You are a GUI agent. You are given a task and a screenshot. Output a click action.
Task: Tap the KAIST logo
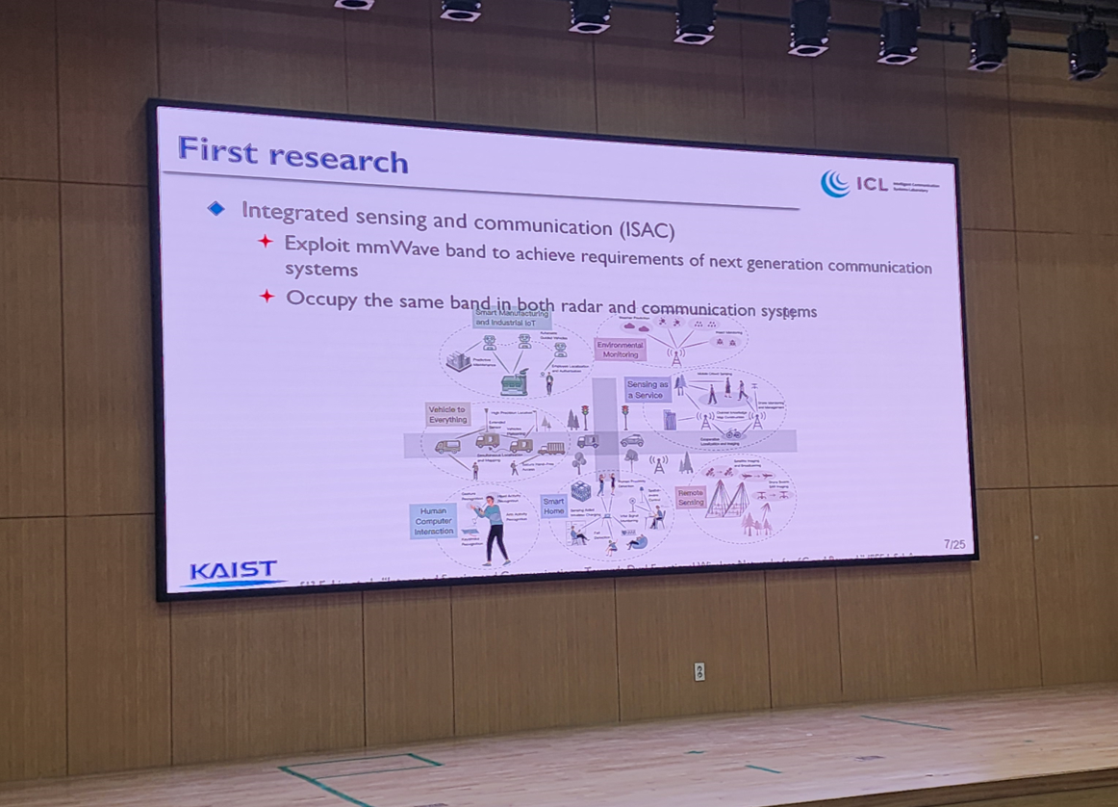(233, 571)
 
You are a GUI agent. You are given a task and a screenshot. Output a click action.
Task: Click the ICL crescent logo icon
(834, 183)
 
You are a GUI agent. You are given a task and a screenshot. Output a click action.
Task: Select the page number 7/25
(953, 545)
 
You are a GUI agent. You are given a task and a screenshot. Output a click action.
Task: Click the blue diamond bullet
(216, 208)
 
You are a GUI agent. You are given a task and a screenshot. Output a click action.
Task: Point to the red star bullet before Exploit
(266, 241)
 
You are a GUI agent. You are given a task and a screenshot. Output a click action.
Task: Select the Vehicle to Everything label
(447, 415)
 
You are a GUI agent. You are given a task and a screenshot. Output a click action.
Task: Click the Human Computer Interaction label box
(433, 520)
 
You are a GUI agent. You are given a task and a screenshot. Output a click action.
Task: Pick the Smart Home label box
(553, 507)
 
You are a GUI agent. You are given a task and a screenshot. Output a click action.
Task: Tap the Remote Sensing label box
(691, 497)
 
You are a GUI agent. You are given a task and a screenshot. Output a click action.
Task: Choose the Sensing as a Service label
(647, 389)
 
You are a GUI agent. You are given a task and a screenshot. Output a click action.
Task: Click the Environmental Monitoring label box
(620, 350)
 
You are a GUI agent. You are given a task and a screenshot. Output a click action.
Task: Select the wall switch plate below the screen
(699, 671)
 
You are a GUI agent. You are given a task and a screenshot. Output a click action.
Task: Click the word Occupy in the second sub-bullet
(321, 299)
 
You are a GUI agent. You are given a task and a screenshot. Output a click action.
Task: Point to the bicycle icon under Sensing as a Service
(733, 433)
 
